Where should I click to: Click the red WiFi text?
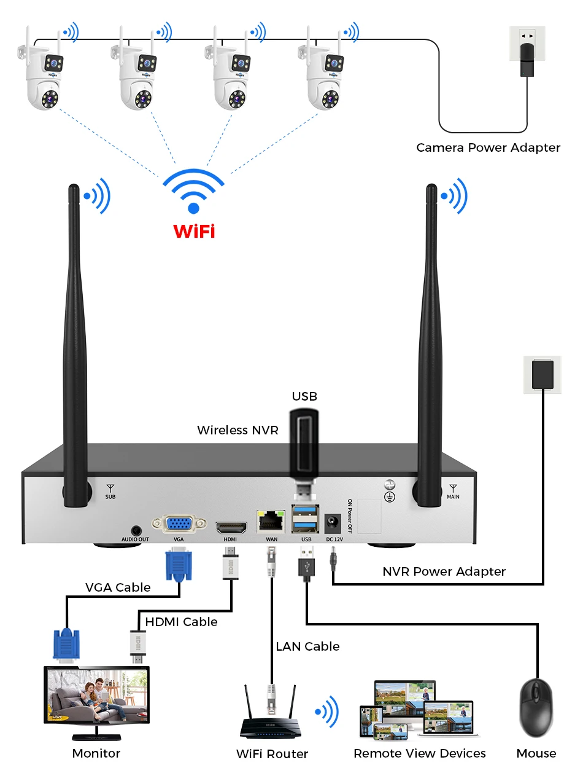click(x=194, y=232)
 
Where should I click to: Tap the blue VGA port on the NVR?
click(x=179, y=523)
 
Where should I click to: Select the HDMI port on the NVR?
click(x=231, y=527)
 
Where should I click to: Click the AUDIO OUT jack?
click(x=135, y=529)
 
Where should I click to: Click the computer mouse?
click(x=536, y=708)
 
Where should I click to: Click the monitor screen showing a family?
click(x=96, y=696)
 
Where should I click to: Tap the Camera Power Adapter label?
click(x=488, y=147)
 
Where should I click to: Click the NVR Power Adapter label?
click(x=444, y=571)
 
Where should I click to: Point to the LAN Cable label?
click(x=307, y=646)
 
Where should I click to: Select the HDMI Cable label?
click(x=181, y=622)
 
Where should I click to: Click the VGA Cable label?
click(x=117, y=587)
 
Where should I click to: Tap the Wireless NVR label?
click(x=237, y=430)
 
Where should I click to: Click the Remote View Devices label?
click(x=419, y=753)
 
